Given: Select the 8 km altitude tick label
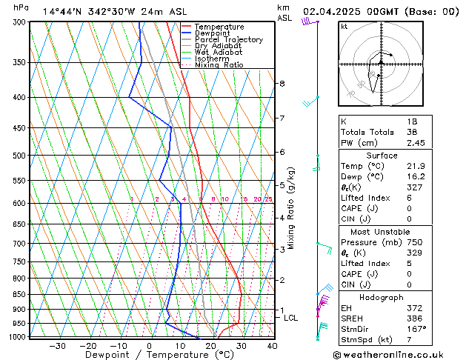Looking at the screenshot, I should pyautogui.click(x=282, y=84).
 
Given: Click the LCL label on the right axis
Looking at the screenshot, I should pyautogui.click(x=291, y=318).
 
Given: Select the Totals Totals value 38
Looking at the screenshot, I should pyautogui.click(x=412, y=132).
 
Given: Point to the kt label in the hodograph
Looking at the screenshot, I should pyautogui.click(x=344, y=27).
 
